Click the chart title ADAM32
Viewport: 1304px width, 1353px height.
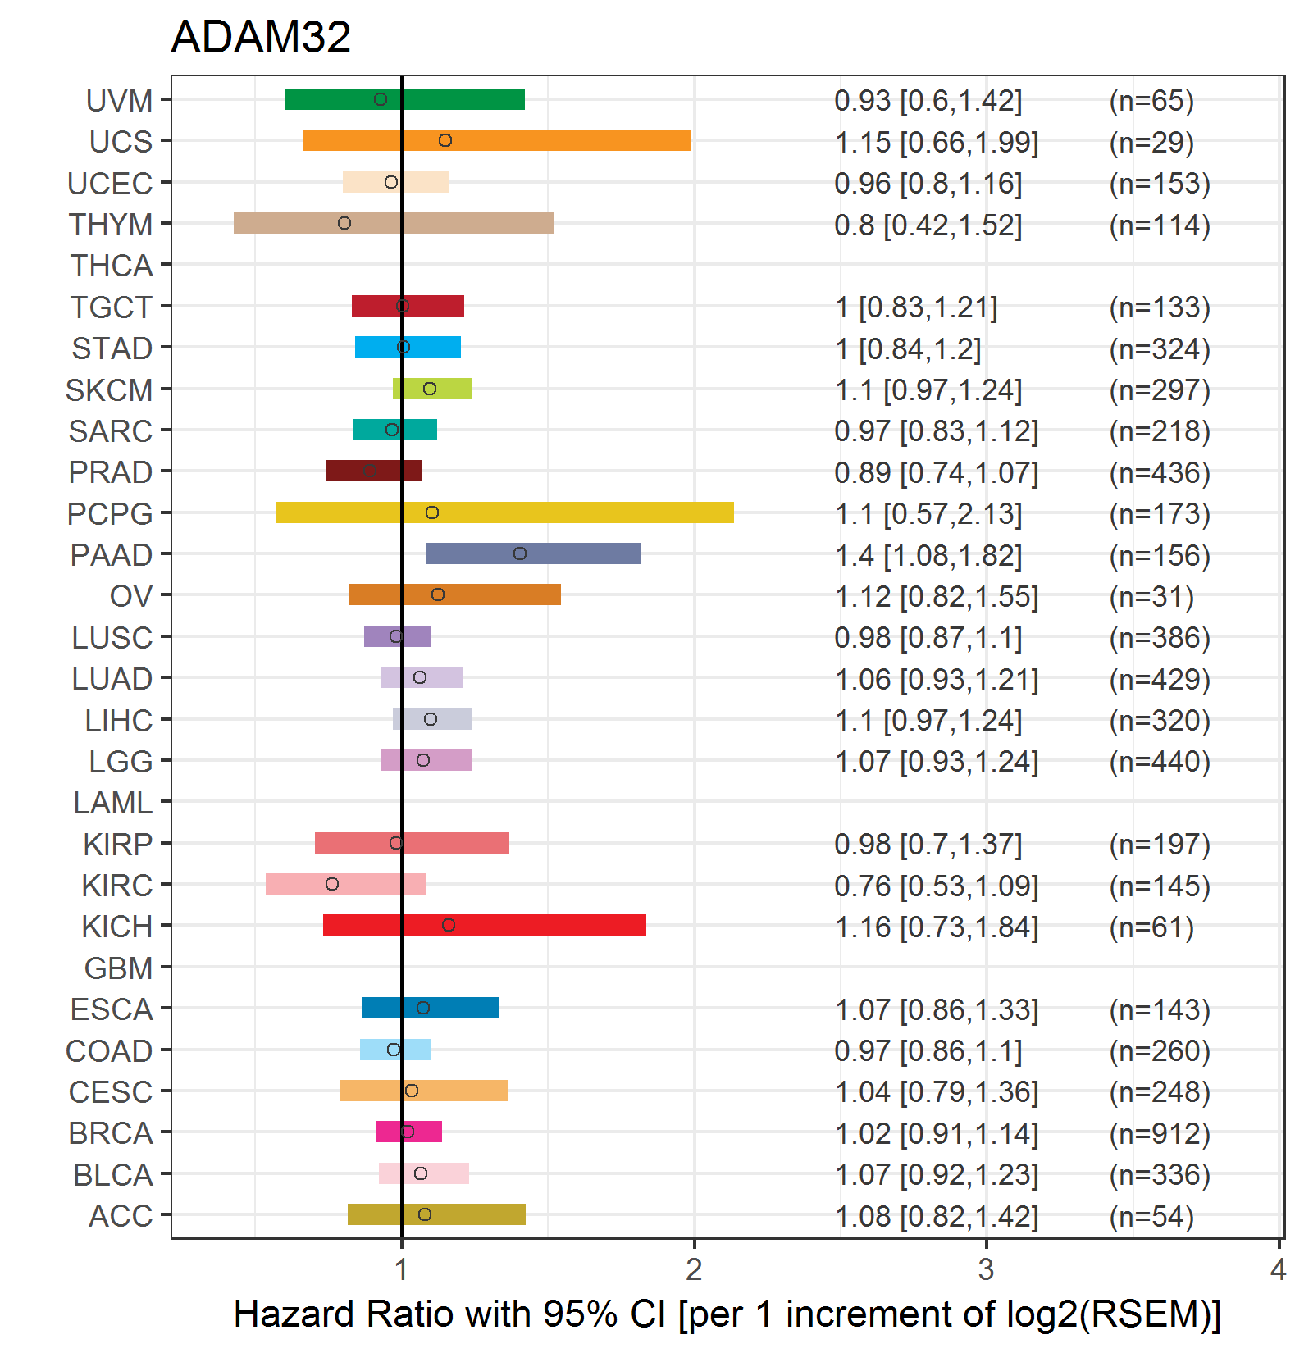click(x=261, y=37)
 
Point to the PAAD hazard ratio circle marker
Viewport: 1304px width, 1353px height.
click(x=520, y=553)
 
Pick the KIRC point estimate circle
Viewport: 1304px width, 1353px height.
click(x=332, y=884)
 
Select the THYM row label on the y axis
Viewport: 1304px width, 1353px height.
click(x=111, y=224)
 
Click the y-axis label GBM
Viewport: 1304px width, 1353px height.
click(x=118, y=968)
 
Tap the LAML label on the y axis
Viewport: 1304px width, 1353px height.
click(x=112, y=803)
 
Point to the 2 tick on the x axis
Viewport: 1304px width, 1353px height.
click(x=694, y=1269)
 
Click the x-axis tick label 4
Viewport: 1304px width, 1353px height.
click(x=1278, y=1269)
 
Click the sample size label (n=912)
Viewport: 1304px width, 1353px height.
click(x=1160, y=1133)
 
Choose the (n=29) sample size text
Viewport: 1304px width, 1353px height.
click(x=1151, y=142)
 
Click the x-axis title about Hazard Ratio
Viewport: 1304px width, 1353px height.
click(x=727, y=1314)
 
